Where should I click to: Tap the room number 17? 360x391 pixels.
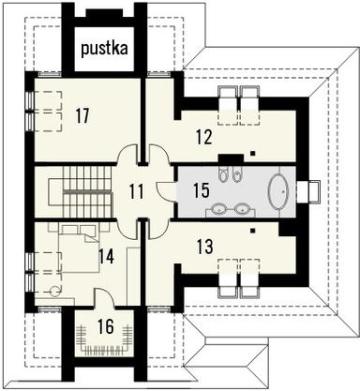point(82,116)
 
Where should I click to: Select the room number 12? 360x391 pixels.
point(205,135)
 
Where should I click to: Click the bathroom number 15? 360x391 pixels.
point(202,190)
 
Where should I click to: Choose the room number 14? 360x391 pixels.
point(107,255)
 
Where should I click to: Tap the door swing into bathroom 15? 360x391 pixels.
point(166,191)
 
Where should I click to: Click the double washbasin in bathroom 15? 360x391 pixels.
point(231,209)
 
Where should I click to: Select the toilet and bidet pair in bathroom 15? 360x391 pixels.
point(231,174)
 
